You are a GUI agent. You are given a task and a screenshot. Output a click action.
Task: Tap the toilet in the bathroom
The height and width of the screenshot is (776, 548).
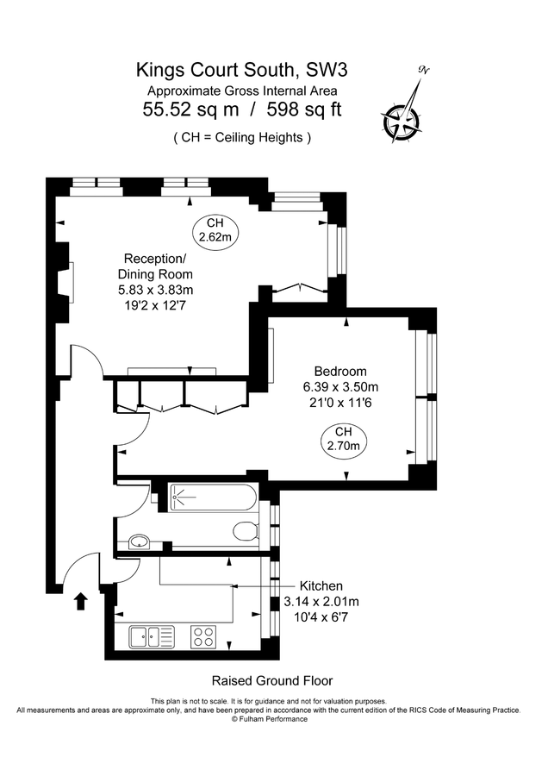(x=246, y=532)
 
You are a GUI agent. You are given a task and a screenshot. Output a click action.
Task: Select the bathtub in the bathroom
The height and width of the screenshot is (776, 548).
(x=213, y=498)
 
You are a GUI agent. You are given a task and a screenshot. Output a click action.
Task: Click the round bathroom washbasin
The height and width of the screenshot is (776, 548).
(x=140, y=542)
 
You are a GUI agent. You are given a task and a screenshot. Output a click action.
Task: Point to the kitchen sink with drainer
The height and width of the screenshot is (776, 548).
(x=152, y=636)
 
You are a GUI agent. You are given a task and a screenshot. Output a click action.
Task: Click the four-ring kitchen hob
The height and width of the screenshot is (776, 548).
(x=203, y=636)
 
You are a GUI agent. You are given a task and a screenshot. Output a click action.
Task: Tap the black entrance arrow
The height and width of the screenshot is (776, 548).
(x=81, y=602)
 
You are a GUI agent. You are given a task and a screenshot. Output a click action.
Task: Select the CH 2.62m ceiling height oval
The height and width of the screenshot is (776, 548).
(x=215, y=230)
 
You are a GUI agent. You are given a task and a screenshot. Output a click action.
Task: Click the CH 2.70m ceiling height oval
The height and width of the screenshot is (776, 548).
(x=344, y=439)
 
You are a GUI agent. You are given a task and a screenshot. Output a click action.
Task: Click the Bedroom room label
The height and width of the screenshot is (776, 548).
(x=340, y=371)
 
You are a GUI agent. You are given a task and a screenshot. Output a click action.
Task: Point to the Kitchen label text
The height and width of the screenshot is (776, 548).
(x=321, y=586)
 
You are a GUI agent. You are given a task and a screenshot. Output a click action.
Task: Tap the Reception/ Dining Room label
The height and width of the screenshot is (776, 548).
(x=155, y=266)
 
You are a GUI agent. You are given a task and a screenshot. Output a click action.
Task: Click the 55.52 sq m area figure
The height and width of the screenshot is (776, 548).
(x=191, y=110)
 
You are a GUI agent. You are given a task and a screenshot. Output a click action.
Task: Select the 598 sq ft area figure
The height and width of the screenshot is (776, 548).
(x=304, y=110)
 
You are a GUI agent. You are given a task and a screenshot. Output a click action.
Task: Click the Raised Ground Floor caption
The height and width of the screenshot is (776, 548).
(x=272, y=680)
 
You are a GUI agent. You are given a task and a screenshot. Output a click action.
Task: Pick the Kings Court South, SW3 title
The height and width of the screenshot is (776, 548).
(x=242, y=71)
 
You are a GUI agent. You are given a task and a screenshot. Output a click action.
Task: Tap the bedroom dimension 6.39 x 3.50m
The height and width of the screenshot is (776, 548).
(x=340, y=387)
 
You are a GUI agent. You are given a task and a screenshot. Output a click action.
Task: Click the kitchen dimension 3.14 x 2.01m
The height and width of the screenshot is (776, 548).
(x=321, y=602)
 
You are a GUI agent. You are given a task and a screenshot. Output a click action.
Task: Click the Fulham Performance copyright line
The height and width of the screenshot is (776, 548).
(x=270, y=719)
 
